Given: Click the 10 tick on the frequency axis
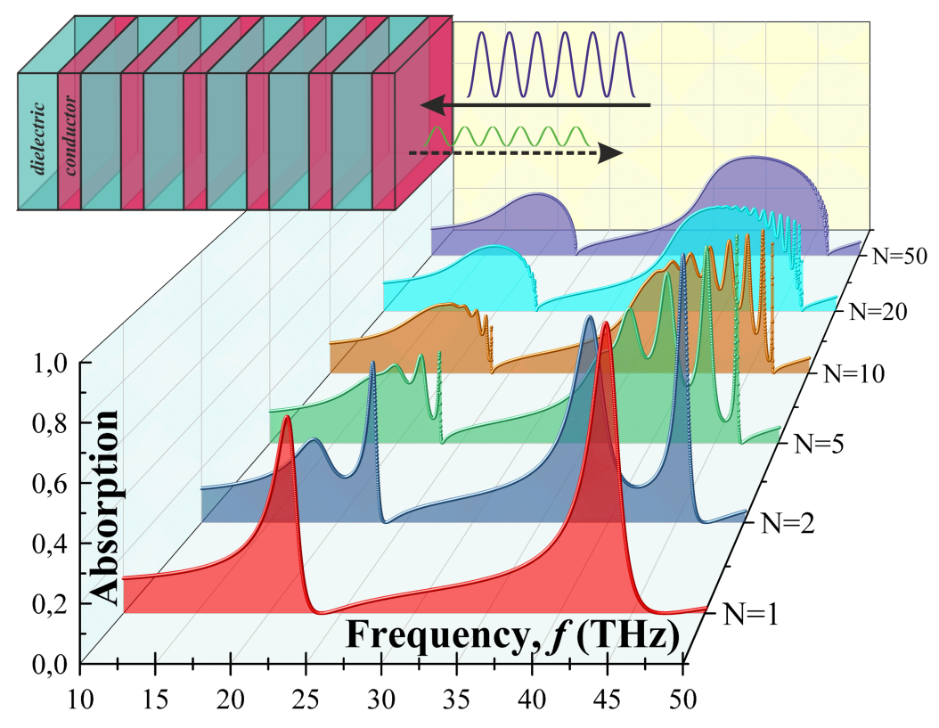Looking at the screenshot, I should (81, 697).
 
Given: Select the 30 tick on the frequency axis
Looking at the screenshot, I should (382, 697).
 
